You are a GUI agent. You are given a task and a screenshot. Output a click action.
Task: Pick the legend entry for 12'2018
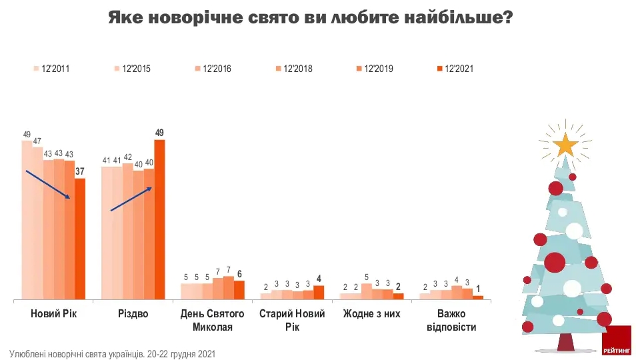pyautogui.click(x=293, y=68)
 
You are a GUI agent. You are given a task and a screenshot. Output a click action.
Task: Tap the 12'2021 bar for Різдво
pyautogui.click(x=159, y=219)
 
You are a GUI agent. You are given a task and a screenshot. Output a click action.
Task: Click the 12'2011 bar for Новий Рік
pyautogui.click(x=27, y=220)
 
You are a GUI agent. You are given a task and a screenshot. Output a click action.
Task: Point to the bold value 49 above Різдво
pyautogui.click(x=159, y=133)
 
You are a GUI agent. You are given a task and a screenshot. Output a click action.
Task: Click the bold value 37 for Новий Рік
pyautogui.click(x=80, y=172)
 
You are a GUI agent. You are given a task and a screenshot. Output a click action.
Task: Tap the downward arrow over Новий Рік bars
pyautogui.click(x=48, y=185)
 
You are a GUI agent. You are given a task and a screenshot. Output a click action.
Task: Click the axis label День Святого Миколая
pyautogui.click(x=213, y=320)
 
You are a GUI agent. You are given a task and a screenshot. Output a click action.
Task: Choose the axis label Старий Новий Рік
pyautogui.click(x=291, y=320)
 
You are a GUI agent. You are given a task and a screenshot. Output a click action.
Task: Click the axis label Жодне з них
pyautogui.click(x=371, y=313)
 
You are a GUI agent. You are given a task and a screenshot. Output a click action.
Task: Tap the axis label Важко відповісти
pyautogui.click(x=451, y=320)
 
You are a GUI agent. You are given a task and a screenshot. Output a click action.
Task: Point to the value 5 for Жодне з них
pyautogui.click(x=366, y=277)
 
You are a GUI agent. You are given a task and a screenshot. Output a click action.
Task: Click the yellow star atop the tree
pyautogui.click(x=565, y=143)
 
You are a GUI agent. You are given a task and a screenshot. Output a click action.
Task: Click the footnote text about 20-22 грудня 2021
pyautogui.click(x=112, y=353)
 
